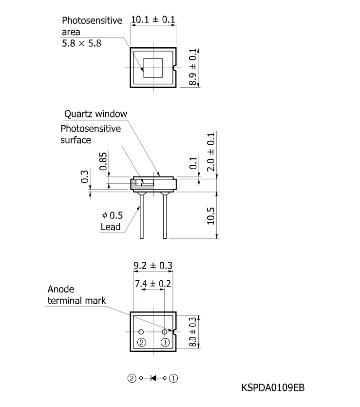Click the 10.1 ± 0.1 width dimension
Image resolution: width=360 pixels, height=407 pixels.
tap(153, 19)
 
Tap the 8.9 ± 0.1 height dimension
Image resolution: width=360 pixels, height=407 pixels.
tap(193, 67)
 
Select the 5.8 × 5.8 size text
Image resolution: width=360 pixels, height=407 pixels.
tap(81, 43)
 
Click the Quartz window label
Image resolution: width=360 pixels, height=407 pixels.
tap(95, 114)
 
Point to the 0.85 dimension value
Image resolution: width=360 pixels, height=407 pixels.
tap(103, 161)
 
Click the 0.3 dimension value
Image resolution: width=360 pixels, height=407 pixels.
tap(85, 176)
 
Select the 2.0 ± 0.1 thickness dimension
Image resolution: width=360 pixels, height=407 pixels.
tap(211, 152)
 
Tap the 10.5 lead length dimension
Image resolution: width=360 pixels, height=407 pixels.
tap(210, 216)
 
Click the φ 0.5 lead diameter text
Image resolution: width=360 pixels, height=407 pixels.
tap(113, 215)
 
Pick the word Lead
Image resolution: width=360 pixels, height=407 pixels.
tap(111, 227)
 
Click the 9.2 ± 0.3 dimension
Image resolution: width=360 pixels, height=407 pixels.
tap(153, 266)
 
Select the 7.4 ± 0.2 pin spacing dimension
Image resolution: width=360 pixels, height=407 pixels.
tap(153, 284)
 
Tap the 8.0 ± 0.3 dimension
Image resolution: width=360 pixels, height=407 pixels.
tap(193, 332)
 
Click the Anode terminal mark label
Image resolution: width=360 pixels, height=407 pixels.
tap(76, 295)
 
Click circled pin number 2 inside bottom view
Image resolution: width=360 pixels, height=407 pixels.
tap(142, 342)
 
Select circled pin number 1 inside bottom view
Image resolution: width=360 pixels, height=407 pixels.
tap(165, 342)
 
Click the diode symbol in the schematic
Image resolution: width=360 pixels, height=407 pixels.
tap(153, 378)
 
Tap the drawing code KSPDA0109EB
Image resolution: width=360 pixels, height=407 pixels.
tap(273, 388)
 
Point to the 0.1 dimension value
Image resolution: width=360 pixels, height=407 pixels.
tap(193, 163)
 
